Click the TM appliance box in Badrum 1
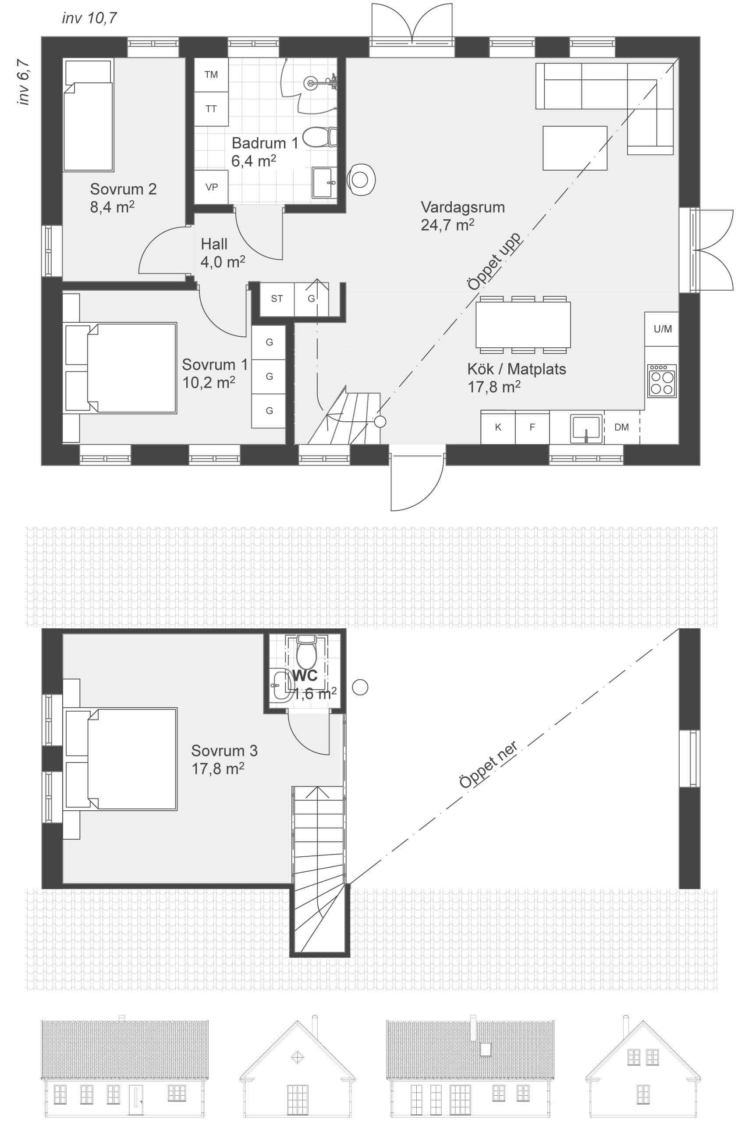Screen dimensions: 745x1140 (x=211, y=75)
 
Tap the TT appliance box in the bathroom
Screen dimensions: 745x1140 (x=211, y=109)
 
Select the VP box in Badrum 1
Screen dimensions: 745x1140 (x=211, y=187)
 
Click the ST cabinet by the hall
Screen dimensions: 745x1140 (x=277, y=299)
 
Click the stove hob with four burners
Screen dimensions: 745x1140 (x=662, y=381)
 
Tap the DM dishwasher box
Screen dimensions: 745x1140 (x=621, y=427)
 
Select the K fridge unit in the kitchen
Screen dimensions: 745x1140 (x=498, y=427)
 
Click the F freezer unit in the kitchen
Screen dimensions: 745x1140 (x=532, y=427)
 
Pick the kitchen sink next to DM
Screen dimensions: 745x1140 (x=585, y=428)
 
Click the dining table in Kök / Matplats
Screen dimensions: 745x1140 (x=523, y=325)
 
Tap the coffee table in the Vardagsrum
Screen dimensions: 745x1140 (x=575, y=148)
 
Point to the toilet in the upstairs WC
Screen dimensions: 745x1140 (x=306, y=652)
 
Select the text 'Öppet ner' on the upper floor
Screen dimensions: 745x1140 (x=488, y=765)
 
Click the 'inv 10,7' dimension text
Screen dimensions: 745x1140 (x=89, y=18)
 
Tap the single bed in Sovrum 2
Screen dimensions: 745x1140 (x=89, y=115)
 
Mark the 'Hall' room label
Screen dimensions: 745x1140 (x=214, y=244)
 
